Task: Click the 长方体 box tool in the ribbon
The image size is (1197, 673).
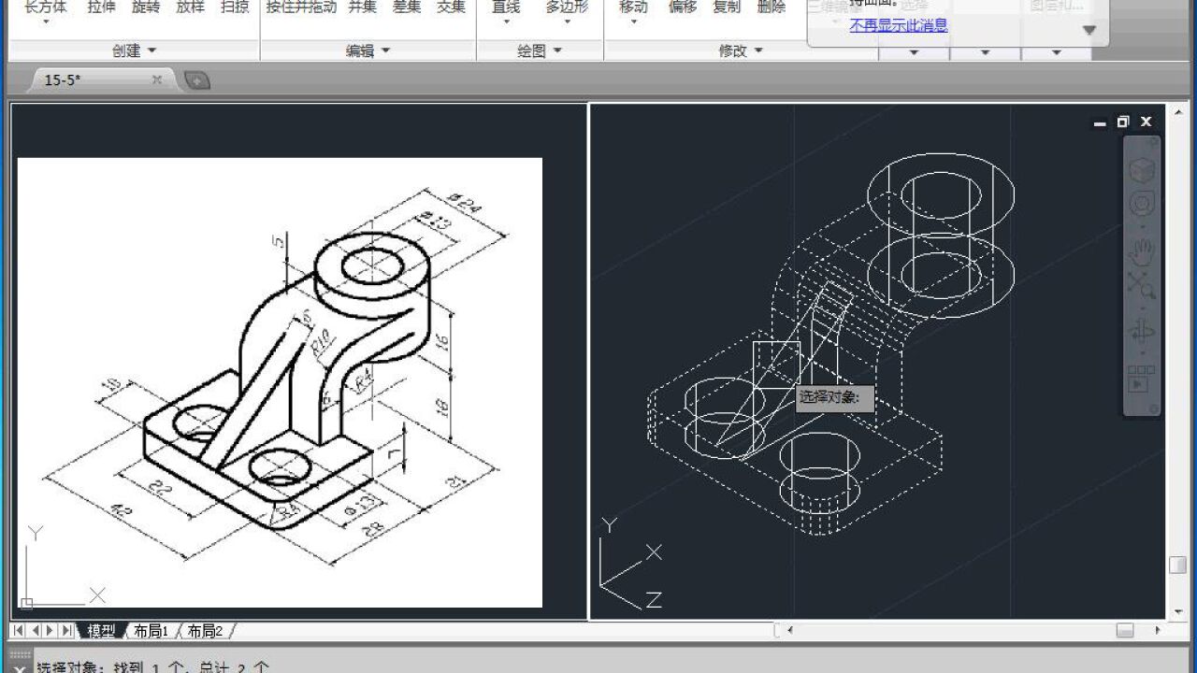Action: coord(45,7)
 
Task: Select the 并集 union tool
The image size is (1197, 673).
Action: coord(362,7)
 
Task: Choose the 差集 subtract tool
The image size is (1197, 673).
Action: coord(406,7)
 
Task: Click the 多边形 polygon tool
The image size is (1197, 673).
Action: coord(567,7)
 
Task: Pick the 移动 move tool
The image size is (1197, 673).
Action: coord(633,7)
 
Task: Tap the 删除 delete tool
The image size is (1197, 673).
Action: coord(771,7)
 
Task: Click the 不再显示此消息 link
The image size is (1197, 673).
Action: coord(898,25)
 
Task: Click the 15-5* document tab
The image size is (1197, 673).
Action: coord(64,80)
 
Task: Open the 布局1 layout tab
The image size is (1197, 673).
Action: coord(151,631)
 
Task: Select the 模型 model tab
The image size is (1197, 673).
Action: coord(101,631)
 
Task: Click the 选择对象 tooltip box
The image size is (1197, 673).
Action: coord(834,398)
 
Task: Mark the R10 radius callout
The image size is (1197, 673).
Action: coord(320,343)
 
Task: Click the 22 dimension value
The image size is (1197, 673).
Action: coord(162,490)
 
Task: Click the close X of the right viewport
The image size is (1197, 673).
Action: coord(1146,122)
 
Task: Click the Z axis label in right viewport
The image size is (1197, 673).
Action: coord(654,599)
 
